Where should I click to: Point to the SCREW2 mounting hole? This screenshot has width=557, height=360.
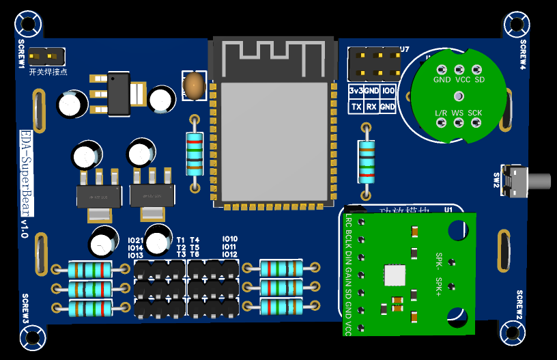pos(513,333)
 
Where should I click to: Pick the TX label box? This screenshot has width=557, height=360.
pos(356,107)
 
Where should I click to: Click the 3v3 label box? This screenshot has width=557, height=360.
pos(356,91)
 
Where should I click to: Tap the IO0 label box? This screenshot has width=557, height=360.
pos(388,91)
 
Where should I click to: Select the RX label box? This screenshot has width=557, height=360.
pos(371,107)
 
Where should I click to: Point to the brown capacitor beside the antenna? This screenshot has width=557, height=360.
pos(195,85)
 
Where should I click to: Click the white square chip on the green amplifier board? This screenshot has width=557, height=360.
pos(395,275)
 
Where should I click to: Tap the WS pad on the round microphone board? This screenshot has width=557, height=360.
pos(457,122)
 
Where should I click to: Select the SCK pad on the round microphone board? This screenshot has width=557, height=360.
pos(475,122)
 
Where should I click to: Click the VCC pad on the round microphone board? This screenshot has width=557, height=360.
pos(459,70)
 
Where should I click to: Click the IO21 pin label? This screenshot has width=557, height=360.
pos(135,240)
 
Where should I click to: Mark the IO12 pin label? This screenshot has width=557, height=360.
pos(229,254)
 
